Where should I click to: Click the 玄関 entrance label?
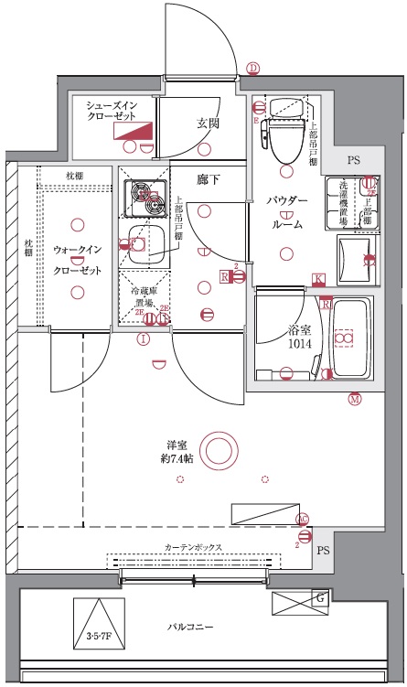(207, 123)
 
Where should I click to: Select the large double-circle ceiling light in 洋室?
(218, 450)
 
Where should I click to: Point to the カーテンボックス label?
(193, 547)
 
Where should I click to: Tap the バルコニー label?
(190, 628)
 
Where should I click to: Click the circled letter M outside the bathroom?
(354, 398)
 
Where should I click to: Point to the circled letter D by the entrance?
(253, 68)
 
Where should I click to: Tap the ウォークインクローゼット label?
(77, 260)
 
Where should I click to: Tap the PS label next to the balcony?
(322, 552)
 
